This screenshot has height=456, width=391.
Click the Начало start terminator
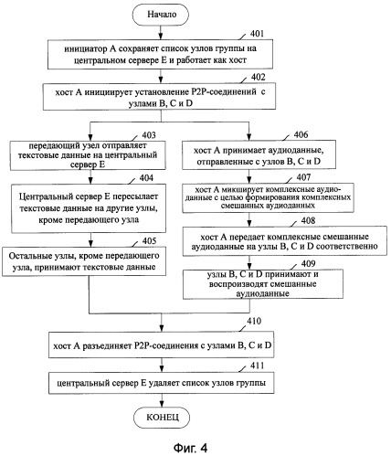[161, 15]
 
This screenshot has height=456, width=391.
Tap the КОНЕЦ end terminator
[162, 417]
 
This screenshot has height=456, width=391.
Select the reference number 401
[257, 34]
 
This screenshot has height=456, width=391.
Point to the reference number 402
[258, 77]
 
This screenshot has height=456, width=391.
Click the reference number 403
[149, 135]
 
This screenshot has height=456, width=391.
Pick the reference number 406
[301, 134]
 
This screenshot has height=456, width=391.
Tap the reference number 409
[308, 263]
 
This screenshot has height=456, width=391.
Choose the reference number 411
[257, 366]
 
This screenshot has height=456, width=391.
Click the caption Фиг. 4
[191, 448]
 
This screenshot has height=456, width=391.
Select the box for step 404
[89, 208]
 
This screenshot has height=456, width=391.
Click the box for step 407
[269, 197]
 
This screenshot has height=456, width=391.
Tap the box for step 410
[161, 345]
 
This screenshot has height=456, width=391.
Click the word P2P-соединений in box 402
[224, 91]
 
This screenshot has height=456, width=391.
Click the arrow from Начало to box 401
[161, 32]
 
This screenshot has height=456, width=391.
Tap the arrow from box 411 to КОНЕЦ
[162, 400]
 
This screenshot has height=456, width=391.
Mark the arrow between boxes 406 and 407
[249, 176]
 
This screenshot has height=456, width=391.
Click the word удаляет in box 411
[164, 383]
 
